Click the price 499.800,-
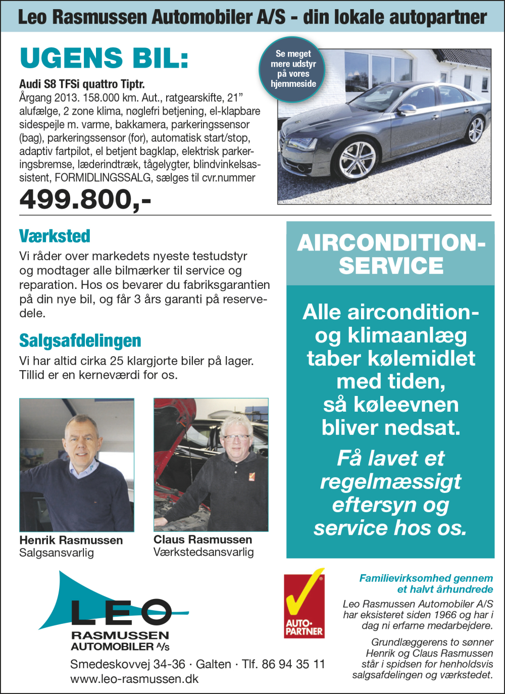85,199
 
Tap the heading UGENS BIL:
104,58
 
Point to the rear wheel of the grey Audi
476,129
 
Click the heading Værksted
55,236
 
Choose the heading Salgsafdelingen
80,340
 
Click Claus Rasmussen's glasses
236,437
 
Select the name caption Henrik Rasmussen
71,540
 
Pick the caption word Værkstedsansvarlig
204,552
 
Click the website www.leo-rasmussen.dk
134,679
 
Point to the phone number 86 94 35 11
293,664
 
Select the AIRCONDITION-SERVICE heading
390,254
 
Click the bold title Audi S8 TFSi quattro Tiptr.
82,84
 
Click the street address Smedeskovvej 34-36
127,664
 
